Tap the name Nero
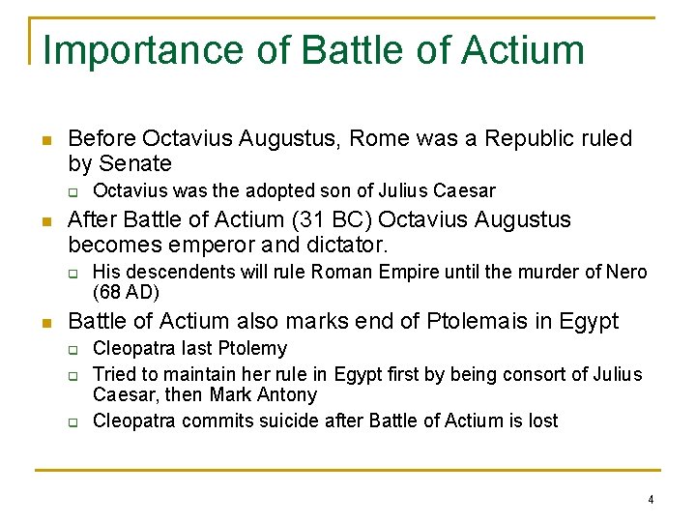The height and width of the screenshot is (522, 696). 627,272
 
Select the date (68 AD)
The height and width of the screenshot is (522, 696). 126,291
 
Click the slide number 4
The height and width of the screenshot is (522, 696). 651,500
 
